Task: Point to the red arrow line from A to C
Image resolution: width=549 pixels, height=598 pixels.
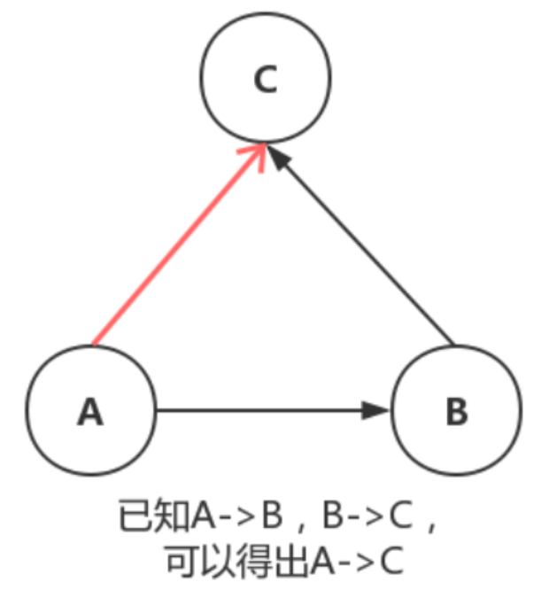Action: click(179, 245)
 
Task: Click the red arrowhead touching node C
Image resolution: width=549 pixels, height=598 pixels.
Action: click(255, 156)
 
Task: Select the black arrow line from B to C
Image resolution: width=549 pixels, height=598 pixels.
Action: click(360, 245)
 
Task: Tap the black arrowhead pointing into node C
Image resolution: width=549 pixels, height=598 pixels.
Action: click(278, 157)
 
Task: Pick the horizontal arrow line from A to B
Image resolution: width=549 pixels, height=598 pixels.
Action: click(273, 410)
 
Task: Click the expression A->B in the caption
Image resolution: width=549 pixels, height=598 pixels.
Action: click(238, 515)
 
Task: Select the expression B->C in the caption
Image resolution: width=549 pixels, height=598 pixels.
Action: click(368, 515)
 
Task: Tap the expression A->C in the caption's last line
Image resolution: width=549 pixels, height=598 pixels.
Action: click(357, 561)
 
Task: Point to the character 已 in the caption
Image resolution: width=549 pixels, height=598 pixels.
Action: click(136, 515)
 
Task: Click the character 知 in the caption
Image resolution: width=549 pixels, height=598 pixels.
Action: click(173, 515)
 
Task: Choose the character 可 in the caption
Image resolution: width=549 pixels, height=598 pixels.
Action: click(184, 562)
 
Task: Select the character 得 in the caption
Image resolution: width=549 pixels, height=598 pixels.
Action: click(255, 562)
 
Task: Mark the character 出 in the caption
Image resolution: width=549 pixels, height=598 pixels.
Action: click(290, 562)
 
